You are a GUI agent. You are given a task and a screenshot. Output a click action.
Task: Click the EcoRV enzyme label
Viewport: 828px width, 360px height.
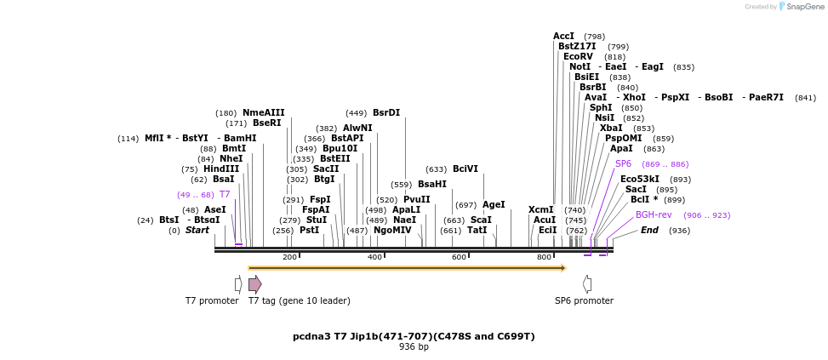578,57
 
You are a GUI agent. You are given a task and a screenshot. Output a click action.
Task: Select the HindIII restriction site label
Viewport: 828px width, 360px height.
221,169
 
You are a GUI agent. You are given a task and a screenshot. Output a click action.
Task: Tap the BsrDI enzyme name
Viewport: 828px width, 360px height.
386,113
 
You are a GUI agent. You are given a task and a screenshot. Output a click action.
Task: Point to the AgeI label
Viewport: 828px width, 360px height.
494,205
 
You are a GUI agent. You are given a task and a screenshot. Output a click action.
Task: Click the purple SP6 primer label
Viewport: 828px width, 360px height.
624,163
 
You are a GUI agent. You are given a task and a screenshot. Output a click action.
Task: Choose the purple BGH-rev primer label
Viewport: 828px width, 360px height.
654,214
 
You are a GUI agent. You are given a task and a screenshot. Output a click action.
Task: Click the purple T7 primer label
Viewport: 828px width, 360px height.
225,195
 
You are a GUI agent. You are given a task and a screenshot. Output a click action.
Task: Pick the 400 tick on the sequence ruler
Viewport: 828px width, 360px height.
374,257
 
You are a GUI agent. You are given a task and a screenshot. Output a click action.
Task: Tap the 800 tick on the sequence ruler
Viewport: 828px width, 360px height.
544,257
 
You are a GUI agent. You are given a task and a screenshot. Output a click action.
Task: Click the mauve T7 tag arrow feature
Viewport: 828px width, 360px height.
255,283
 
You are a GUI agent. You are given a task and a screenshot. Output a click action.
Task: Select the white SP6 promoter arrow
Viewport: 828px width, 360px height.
587,283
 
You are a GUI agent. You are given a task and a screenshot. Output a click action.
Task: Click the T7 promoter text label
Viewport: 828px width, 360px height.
212,300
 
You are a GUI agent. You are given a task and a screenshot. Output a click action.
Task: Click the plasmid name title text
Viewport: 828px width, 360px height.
414,336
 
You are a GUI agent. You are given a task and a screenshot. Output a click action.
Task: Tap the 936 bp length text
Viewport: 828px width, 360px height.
414,346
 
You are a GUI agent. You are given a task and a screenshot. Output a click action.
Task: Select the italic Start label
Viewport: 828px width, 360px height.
197,231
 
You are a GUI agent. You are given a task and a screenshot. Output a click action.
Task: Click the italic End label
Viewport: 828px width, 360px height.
649,231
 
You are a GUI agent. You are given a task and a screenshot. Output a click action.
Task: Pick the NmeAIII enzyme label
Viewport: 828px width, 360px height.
264,112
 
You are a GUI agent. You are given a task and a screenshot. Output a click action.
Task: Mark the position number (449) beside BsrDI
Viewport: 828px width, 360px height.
357,113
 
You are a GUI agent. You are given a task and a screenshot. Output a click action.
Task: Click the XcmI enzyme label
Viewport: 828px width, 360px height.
541,209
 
